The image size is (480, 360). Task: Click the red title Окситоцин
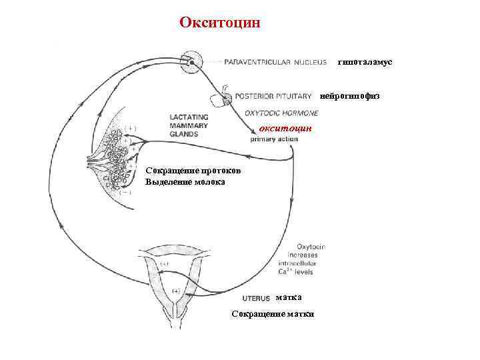coord(221,23)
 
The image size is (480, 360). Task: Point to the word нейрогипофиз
coord(350,96)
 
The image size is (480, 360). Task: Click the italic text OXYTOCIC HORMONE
coord(281,113)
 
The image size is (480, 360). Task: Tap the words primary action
coord(275,139)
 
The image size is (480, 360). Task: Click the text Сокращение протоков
coord(189,171)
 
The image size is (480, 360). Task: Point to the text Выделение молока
coord(185,182)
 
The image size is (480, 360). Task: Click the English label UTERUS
coord(256,298)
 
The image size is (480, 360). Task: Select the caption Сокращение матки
coord(273,314)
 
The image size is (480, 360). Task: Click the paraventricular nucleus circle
coord(192,62)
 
